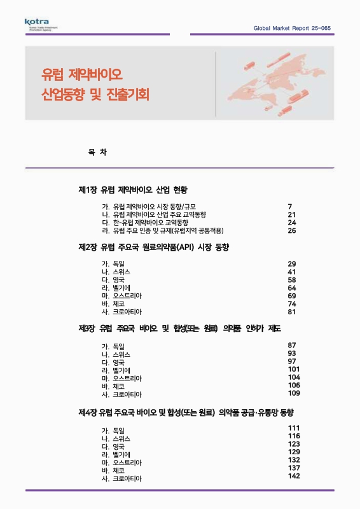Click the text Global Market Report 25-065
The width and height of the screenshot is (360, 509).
292,29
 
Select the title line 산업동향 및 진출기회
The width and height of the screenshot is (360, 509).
93,96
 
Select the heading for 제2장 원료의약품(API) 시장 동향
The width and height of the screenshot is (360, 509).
153,247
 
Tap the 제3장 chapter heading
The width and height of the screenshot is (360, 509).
179,328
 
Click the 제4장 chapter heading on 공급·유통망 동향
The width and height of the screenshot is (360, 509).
185,412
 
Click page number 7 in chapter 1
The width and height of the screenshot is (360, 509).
290,207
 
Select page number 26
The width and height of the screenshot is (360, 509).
292,230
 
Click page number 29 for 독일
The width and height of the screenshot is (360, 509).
292,264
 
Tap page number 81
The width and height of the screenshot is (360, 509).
292,312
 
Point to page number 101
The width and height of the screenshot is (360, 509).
294,369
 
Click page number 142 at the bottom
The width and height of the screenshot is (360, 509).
294,476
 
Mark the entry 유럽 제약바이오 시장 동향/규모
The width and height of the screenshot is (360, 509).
154,207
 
